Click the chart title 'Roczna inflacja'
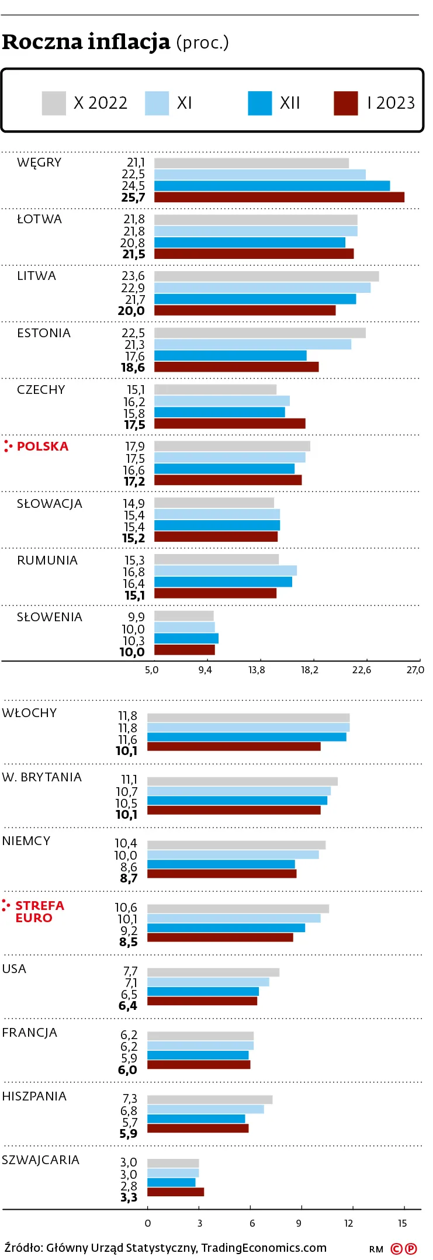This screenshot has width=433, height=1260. (x=86, y=42)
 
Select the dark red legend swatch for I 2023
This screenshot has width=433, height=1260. (x=345, y=103)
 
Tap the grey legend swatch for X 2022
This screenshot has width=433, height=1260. (x=54, y=103)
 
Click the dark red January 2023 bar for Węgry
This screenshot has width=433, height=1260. (x=279, y=198)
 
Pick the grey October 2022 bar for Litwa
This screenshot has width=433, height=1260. (x=266, y=276)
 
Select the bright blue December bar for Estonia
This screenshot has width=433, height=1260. (x=230, y=356)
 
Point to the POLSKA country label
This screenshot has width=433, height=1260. (x=43, y=446)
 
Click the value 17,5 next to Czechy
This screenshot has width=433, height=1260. (x=134, y=425)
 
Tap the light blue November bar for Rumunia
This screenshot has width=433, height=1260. (x=225, y=571)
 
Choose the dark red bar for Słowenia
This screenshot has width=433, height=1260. (x=184, y=650)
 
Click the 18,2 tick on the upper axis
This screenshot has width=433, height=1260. (x=310, y=670)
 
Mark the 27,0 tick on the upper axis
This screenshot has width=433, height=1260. (x=415, y=670)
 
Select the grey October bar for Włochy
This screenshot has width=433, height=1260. (x=248, y=718)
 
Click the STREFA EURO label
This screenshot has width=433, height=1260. (x=39, y=912)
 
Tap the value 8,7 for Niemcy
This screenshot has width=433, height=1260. (x=129, y=878)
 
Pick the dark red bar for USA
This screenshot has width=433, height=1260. (x=202, y=1001)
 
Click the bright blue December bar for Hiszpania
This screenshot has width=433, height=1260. (x=196, y=1119)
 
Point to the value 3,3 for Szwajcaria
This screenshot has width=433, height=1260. (x=129, y=1197)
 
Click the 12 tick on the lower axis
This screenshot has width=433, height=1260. (x=349, y=1223)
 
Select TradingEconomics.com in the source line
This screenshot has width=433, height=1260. (x=264, y=1248)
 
